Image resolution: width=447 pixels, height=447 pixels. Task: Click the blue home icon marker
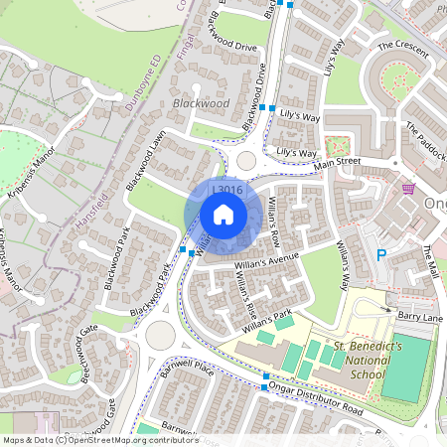pyautogui.click(x=223, y=214)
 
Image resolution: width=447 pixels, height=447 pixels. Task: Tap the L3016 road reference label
pyautogui.click(x=227, y=190)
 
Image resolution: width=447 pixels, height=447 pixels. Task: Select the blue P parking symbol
pyautogui.click(x=380, y=254)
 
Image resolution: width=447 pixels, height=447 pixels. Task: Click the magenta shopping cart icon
pyautogui.click(x=408, y=188)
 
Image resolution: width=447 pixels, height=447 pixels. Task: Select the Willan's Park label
pyautogui.click(x=270, y=319)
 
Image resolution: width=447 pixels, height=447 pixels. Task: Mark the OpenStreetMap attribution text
pyautogui.click(x=99, y=440)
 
